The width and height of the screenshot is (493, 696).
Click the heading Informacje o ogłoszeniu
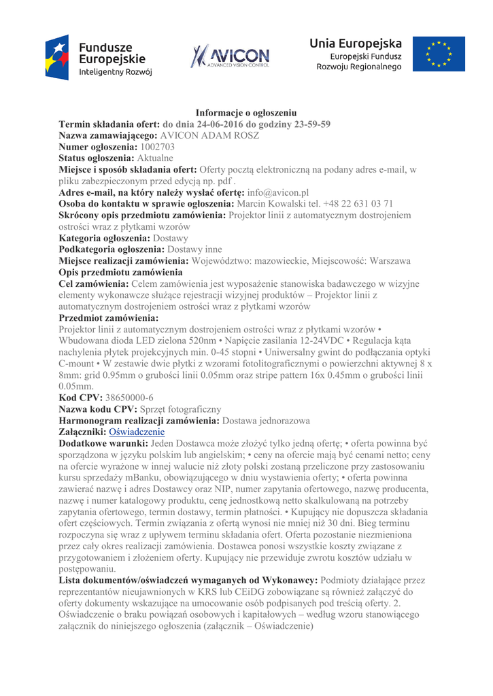coord(246,113)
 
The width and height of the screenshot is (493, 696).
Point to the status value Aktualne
coord(156,158)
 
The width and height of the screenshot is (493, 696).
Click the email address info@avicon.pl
coord(278,192)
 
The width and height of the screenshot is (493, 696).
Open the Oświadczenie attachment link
coord(137,432)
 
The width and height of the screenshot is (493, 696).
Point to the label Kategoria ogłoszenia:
coord(105,239)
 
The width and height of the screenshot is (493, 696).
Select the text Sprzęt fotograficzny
coord(180,409)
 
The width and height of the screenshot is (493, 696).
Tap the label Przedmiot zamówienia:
coord(109,317)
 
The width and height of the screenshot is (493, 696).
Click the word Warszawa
coord(386,262)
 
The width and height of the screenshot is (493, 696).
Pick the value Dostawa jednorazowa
coord(267,421)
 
